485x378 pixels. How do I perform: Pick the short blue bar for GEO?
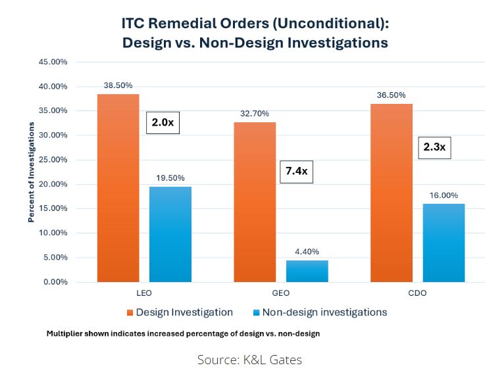307,271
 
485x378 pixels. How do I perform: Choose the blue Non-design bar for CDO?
444,243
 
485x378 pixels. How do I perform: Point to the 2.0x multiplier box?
162,122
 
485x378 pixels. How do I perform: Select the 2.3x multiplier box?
434,148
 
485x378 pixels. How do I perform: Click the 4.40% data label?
307,251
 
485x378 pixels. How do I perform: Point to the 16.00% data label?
444,195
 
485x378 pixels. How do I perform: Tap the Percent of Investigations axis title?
31,172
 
